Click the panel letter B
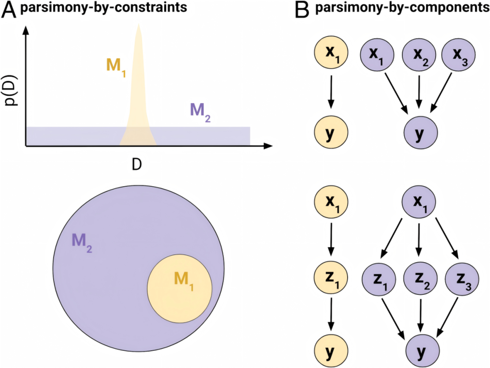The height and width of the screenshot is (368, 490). pyautogui.click(x=302, y=10)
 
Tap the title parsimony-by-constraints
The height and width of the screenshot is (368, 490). pyautogui.click(x=104, y=7)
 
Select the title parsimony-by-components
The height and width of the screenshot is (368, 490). pyautogui.click(x=402, y=7)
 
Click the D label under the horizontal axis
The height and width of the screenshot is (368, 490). pyautogui.click(x=136, y=165)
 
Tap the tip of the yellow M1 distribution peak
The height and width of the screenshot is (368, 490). pyautogui.click(x=138, y=25)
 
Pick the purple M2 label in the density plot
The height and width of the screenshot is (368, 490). pyautogui.click(x=200, y=111)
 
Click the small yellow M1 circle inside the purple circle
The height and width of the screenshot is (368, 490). pyautogui.click(x=180, y=289)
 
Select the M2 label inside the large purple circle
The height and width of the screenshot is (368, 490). pyautogui.click(x=82, y=242)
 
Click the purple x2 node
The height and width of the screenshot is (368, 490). pyautogui.click(x=419, y=55)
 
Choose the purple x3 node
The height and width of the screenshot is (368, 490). pyautogui.click(x=458, y=55)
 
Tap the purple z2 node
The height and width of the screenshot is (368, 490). pyautogui.click(x=420, y=278)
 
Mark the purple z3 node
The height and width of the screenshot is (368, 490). pyautogui.click(x=462, y=279)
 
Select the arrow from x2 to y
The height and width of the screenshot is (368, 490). pyautogui.click(x=419, y=91)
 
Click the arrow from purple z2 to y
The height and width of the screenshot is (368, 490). pyautogui.click(x=421, y=315)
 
